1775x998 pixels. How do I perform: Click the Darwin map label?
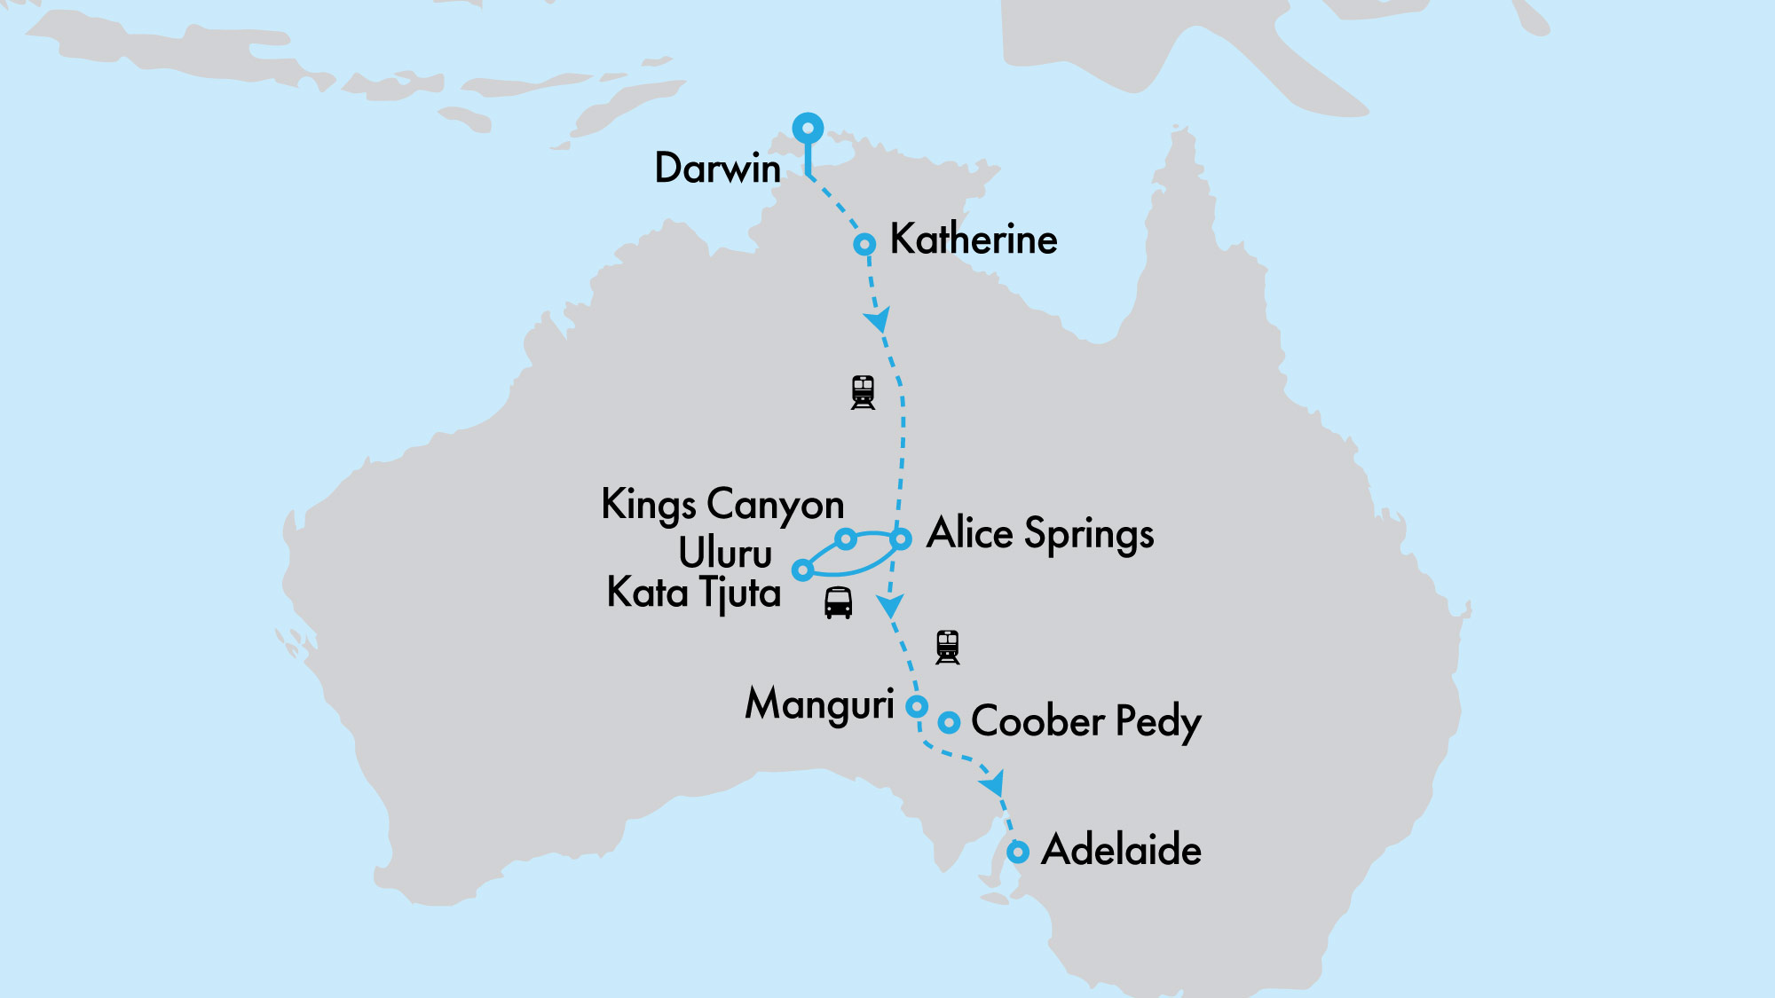click(x=717, y=169)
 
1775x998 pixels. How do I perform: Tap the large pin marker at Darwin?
click(x=808, y=129)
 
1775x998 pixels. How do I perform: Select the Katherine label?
click(x=974, y=240)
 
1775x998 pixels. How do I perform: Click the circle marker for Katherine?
click(x=864, y=244)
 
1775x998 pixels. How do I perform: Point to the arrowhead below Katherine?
click(x=878, y=319)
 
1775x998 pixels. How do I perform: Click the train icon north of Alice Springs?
click(x=863, y=392)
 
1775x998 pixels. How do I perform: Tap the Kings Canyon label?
click(x=722, y=505)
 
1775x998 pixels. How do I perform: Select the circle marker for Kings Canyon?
click(x=846, y=538)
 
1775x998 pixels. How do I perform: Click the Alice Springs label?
click(x=1040, y=534)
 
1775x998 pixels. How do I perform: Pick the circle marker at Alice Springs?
click(x=901, y=538)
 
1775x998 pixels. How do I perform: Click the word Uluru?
click(x=725, y=554)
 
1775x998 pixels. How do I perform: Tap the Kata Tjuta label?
click(x=693, y=593)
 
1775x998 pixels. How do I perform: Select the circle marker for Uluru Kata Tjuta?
click(x=802, y=570)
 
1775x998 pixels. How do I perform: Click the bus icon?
click(x=838, y=602)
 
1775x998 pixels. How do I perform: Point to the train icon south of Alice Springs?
click(x=948, y=647)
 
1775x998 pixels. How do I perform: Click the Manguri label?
click(x=819, y=705)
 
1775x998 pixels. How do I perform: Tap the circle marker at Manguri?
click(x=917, y=706)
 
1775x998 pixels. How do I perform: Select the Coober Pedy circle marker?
click(x=949, y=722)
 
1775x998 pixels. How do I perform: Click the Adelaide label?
click(x=1121, y=850)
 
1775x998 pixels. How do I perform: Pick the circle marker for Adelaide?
click(x=1018, y=852)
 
